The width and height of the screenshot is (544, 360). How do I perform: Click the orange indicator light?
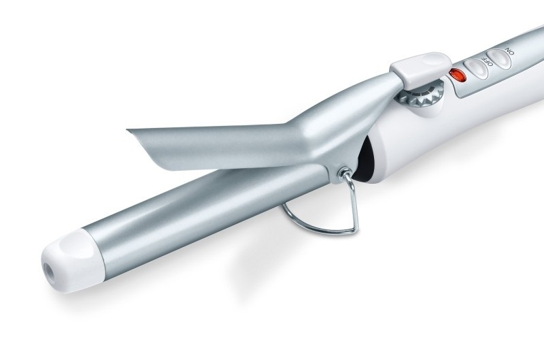click(458, 75)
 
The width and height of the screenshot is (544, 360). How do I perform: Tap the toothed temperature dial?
click(421, 94)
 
